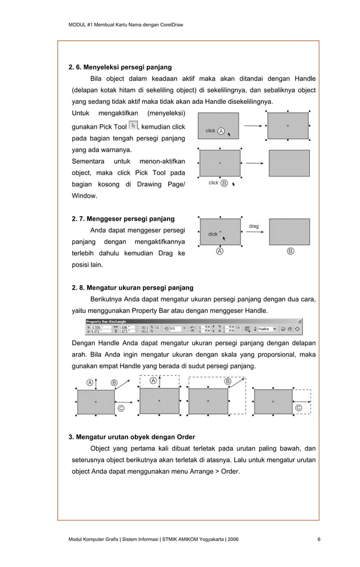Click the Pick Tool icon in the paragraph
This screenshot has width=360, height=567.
click(x=133, y=126)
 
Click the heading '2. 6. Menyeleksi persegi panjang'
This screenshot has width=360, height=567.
click(x=120, y=67)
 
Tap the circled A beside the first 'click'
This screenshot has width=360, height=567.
click(x=221, y=131)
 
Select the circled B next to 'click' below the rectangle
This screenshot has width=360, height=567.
click(x=225, y=183)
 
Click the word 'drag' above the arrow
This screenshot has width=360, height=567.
click(x=254, y=226)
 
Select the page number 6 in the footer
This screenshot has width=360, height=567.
click(x=319, y=540)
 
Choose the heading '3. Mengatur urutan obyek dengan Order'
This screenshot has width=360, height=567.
click(x=131, y=437)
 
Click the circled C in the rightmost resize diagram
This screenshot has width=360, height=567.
click(x=298, y=408)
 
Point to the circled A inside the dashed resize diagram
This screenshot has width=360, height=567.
click(x=153, y=381)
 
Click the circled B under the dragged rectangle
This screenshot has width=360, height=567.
click(x=290, y=251)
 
